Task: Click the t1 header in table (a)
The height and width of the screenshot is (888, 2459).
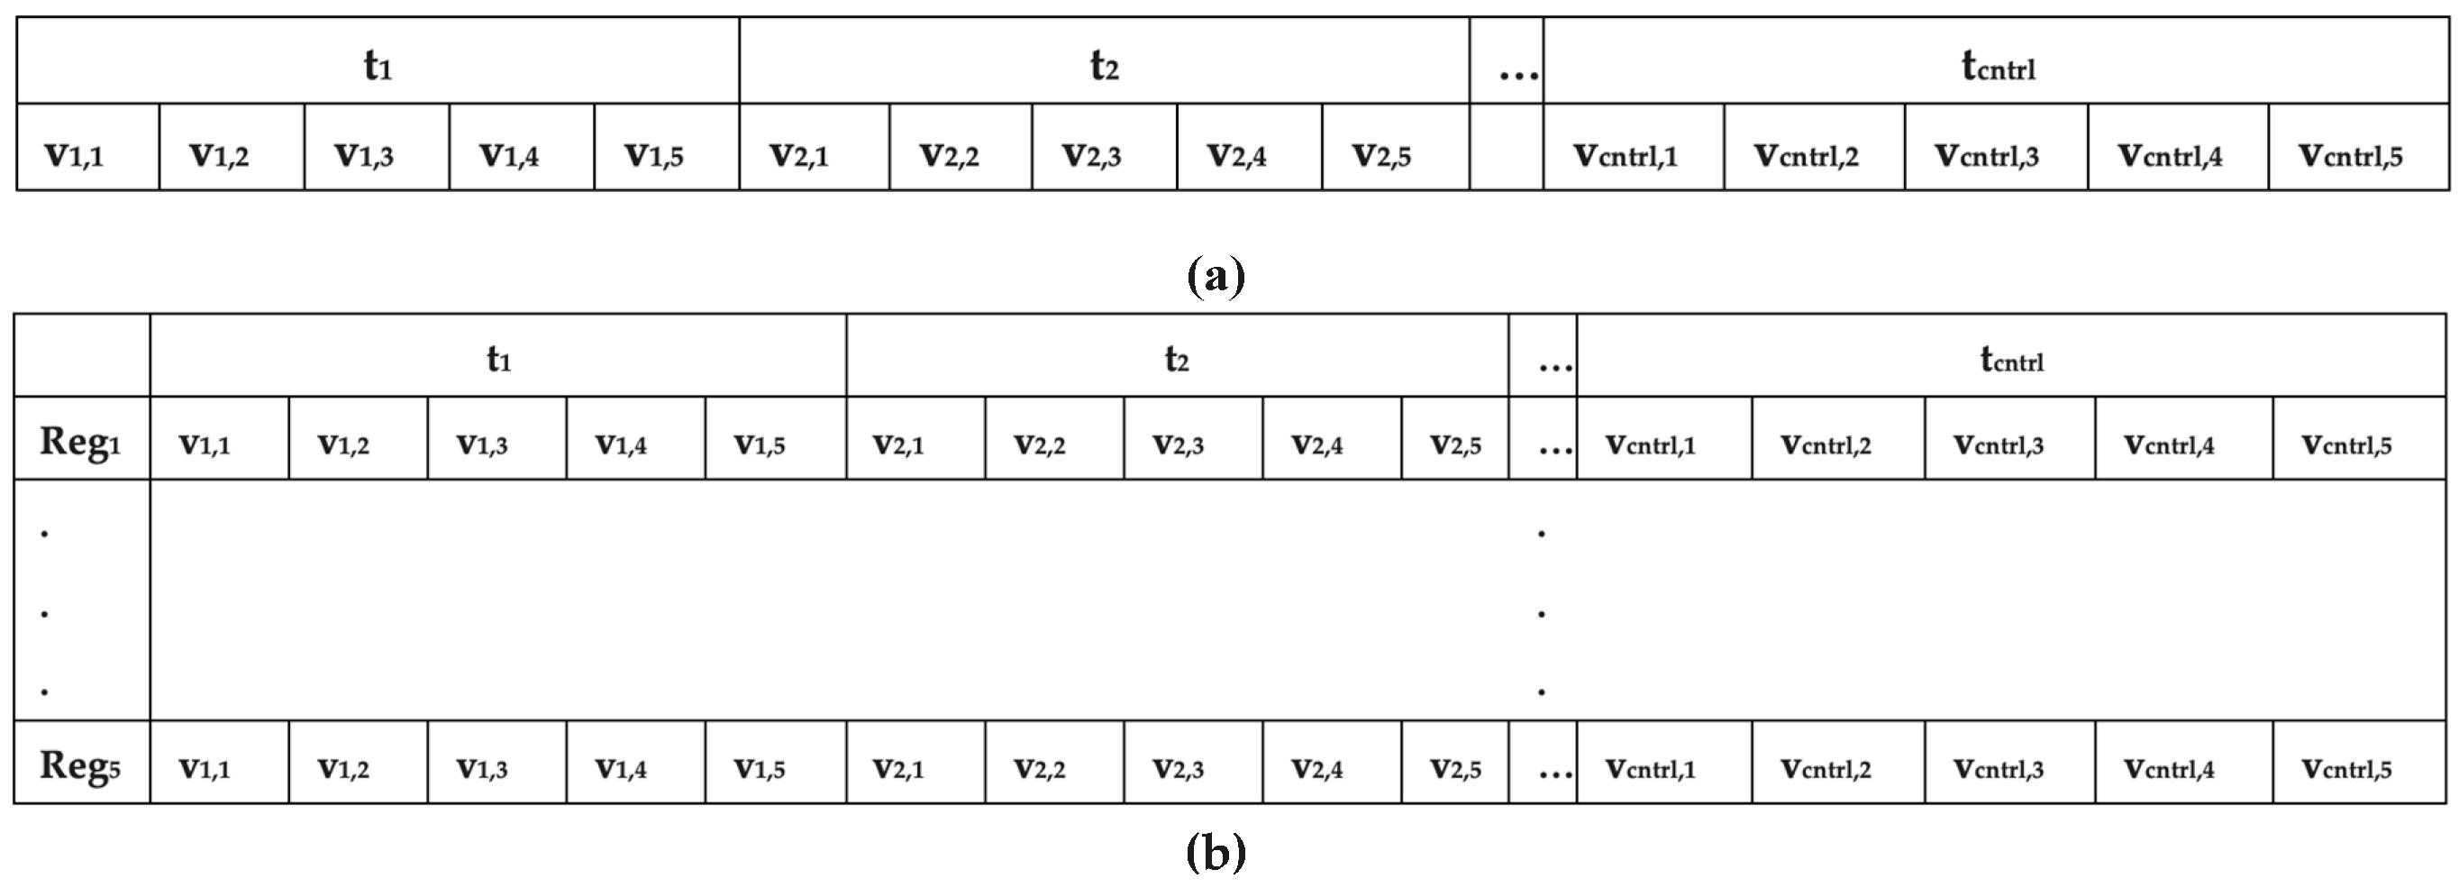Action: click(378, 65)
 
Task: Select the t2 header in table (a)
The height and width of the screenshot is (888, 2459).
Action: click(1105, 65)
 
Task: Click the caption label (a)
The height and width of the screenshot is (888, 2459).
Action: click(1216, 277)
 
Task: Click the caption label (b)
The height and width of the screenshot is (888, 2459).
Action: click(1216, 852)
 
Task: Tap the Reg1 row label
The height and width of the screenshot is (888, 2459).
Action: click(80, 441)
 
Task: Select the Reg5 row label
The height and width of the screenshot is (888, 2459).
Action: click(80, 764)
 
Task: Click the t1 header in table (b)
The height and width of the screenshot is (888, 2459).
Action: click(498, 359)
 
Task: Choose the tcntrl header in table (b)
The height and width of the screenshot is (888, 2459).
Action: click(2011, 360)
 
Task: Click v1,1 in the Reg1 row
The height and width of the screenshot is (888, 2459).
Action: click(205, 444)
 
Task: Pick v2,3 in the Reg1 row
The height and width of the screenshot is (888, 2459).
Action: click(1178, 444)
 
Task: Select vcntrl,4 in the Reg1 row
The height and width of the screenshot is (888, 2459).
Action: click(2169, 444)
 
